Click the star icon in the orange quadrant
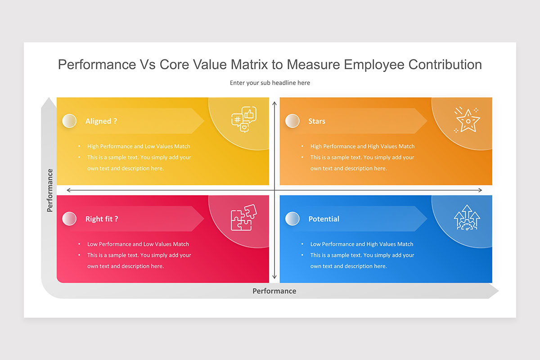click(468, 121)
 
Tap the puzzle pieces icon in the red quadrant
click(243, 218)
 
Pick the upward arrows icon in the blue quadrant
click(467, 218)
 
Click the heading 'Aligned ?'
click(101, 121)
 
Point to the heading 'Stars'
click(317, 121)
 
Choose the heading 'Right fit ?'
click(102, 219)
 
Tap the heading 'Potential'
click(324, 219)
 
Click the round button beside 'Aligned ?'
click(69, 121)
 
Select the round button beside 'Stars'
click(292, 121)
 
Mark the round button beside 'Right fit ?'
click(69, 219)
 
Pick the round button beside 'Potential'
click(292, 219)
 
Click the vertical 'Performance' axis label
click(49, 190)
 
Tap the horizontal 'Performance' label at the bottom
click(274, 291)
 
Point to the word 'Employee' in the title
click(374, 65)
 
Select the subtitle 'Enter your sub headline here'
click(270, 83)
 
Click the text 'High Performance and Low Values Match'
click(139, 146)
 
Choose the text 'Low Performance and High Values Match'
click(362, 244)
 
